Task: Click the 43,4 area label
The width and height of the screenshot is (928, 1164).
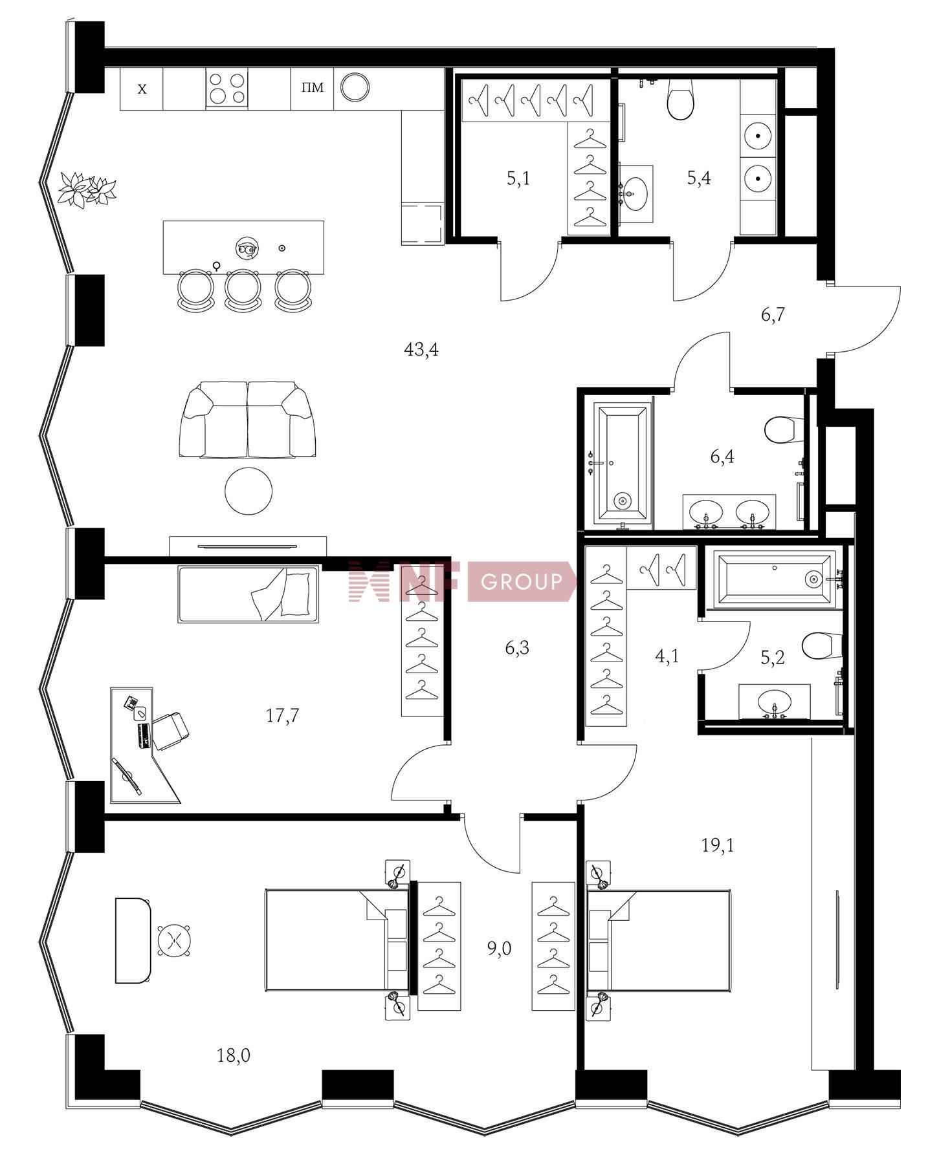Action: coord(421,350)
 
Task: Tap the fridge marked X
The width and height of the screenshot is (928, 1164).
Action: coord(142,89)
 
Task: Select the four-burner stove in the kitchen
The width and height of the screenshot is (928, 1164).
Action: coord(226,89)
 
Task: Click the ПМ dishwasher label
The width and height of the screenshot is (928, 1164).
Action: coord(313,87)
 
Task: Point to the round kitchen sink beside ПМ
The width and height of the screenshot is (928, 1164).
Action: coord(355,87)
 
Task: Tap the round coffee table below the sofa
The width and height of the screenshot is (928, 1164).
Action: coord(248,491)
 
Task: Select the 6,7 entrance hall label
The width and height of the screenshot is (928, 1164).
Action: coord(773,315)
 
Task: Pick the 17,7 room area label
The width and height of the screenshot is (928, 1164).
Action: coord(282,715)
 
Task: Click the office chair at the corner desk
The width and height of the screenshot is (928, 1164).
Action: coord(170,730)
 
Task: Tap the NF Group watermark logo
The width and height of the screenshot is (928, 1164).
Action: coord(462,581)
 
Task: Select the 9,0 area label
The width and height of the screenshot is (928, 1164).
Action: coord(499,948)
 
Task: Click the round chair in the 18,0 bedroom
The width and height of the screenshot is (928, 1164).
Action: coord(174,940)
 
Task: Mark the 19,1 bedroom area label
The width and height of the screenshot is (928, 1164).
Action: coord(718,845)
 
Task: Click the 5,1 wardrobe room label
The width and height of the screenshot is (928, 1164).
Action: coord(518,178)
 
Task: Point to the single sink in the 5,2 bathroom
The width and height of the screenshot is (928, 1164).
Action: coord(775,702)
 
